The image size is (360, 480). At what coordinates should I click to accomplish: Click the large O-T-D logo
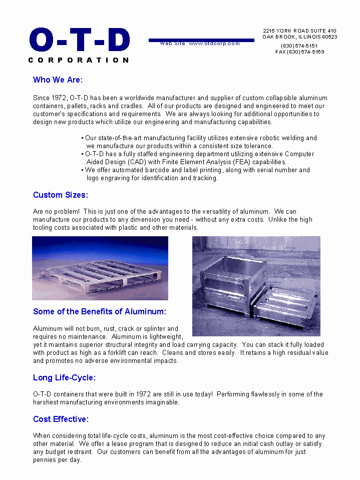[x=80, y=40]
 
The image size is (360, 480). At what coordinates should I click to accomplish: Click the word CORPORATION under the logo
[x=79, y=60]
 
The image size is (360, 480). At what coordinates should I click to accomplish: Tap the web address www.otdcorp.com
[x=214, y=44]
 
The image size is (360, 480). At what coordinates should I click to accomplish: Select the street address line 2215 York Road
[x=299, y=31]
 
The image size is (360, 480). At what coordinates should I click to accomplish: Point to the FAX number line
[x=299, y=52]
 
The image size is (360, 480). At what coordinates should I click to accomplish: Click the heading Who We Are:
[x=58, y=80]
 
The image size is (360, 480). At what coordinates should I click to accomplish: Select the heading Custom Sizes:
[x=60, y=195]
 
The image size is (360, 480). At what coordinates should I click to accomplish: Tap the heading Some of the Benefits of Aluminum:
[x=99, y=311]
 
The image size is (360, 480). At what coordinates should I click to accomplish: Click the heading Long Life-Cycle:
[x=64, y=377]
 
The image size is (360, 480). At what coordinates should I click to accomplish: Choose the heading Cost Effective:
[x=61, y=419]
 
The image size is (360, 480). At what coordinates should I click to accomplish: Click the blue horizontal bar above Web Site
[x=201, y=40]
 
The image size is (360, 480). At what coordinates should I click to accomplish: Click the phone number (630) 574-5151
[x=299, y=46]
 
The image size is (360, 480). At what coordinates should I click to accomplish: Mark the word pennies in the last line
[x=45, y=460]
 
